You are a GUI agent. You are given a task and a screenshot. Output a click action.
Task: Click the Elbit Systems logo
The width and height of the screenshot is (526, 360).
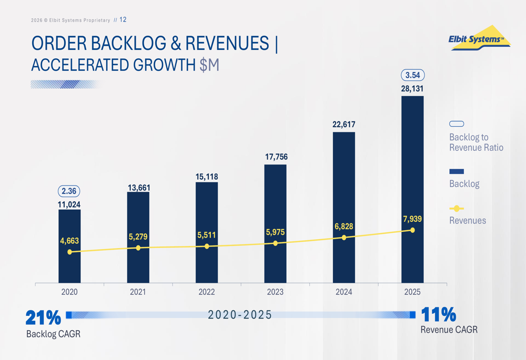tap(479, 39)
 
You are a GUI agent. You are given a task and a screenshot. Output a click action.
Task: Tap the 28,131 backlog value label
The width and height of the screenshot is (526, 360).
tap(412, 89)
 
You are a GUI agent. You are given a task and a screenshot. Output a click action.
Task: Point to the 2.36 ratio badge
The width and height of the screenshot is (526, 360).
tap(69, 191)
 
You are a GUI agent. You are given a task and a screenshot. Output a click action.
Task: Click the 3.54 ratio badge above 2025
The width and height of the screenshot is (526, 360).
tap(412, 75)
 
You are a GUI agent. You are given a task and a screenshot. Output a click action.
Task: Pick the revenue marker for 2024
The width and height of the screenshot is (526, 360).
tap(344, 238)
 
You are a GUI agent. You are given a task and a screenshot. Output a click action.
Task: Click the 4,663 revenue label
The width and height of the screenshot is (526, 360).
tap(69, 241)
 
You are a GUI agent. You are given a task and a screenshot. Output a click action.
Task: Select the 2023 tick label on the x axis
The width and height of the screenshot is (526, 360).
tap(275, 292)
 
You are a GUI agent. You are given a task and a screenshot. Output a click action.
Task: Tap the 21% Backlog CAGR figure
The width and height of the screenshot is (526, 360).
tap(43, 317)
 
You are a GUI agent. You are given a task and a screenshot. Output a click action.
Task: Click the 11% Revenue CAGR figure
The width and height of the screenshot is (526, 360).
tap(439, 314)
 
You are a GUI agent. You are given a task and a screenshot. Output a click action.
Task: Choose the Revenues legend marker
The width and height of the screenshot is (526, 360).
tap(457, 209)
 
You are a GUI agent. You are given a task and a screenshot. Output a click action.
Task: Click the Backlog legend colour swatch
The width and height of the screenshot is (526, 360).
tap(457, 171)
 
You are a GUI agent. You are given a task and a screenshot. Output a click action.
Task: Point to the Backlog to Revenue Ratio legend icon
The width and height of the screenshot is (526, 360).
tap(457, 124)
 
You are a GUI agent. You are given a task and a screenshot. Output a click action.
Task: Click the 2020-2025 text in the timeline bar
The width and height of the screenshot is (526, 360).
tap(240, 315)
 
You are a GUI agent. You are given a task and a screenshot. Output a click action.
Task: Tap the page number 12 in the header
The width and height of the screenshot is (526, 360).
tap(123, 20)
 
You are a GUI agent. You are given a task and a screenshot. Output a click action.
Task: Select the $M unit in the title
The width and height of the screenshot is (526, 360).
tap(209, 65)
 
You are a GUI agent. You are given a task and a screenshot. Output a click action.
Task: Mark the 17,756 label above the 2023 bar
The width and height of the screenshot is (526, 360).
tap(275, 157)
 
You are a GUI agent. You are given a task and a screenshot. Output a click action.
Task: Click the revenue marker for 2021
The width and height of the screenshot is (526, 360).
tap(138, 248)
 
